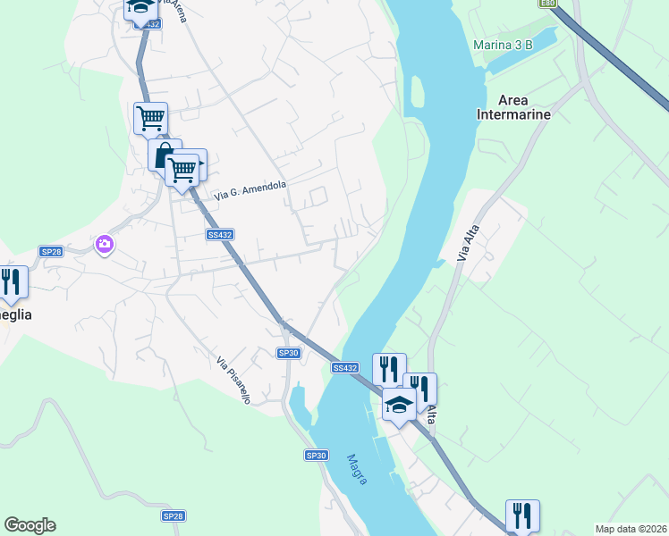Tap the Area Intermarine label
pos(513,107)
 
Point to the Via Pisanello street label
pos(233,381)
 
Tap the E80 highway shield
pos(548,4)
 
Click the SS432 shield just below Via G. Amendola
pos(220,235)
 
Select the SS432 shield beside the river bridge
pos(345,367)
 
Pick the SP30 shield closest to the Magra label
pos(317,456)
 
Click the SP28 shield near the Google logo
pos(173,516)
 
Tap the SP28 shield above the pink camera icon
pos(51,253)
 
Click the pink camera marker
pos(106,243)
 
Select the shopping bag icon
pos(164,155)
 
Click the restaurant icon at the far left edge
pos(11,282)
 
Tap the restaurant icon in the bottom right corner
pos(522,515)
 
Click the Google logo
pos(30,525)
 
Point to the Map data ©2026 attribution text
pos(630,529)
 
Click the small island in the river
pos(417,94)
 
